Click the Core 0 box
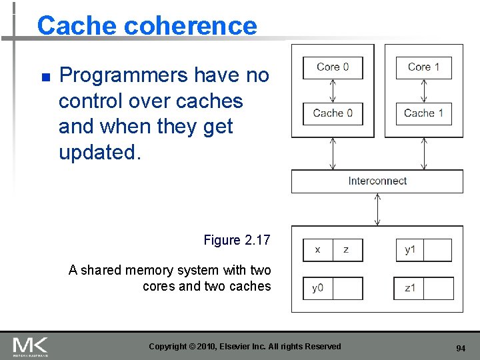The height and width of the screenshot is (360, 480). [x=333, y=67]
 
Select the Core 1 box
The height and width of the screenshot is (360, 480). [x=424, y=67]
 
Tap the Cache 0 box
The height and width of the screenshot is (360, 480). [x=333, y=113]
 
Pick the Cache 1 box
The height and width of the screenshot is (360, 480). [x=424, y=113]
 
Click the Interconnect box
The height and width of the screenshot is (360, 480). [x=377, y=181]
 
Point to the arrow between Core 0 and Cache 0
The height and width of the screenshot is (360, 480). [x=333, y=91]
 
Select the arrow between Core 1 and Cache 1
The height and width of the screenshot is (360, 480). [x=424, y=91]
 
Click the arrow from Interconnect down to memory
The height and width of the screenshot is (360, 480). [x=377, y=209]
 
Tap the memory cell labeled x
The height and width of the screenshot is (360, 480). [x=317, y=250]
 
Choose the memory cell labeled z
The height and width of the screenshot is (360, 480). [x=347, y=250]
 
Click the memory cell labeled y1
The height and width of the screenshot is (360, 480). [x=409, y=250]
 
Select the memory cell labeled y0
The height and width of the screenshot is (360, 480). [x=317, y=289]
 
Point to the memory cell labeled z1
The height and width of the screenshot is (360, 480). [x=409, y=289]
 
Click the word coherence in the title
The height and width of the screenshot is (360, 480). [x=191, y=26]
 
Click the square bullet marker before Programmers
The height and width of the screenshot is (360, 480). [x=45, y=77]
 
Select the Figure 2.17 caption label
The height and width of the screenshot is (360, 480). [x=237, y=240]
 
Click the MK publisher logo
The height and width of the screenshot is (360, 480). [x=30, y=346]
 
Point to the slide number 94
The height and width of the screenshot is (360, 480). [x=460, y=348]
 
